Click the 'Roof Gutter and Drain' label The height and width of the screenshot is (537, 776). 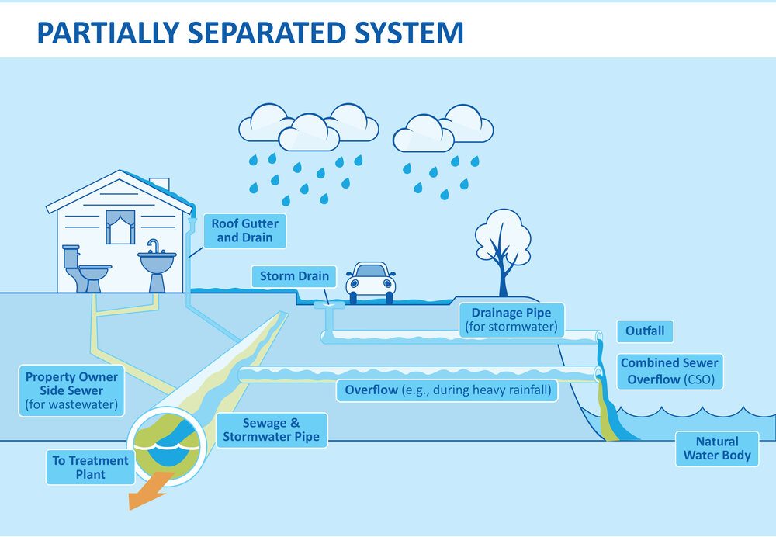pos(244,230)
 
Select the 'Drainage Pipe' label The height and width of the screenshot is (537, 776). pos(511,320)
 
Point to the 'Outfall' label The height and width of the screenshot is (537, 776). pos(645,331)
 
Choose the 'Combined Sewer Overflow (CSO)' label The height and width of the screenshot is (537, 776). pos(670,372)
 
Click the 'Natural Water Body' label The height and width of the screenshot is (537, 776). pos(717,449)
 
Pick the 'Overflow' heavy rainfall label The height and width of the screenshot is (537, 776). pos(447,390)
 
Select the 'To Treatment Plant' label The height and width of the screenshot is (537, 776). pos(90,467)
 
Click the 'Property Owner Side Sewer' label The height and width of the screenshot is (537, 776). pos(71,390)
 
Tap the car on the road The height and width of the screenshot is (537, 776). pos(370,280)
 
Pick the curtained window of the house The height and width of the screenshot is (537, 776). pos(120,227)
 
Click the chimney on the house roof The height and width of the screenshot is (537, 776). pos(159,184)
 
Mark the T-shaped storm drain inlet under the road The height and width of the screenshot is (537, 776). pos(329,309)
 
